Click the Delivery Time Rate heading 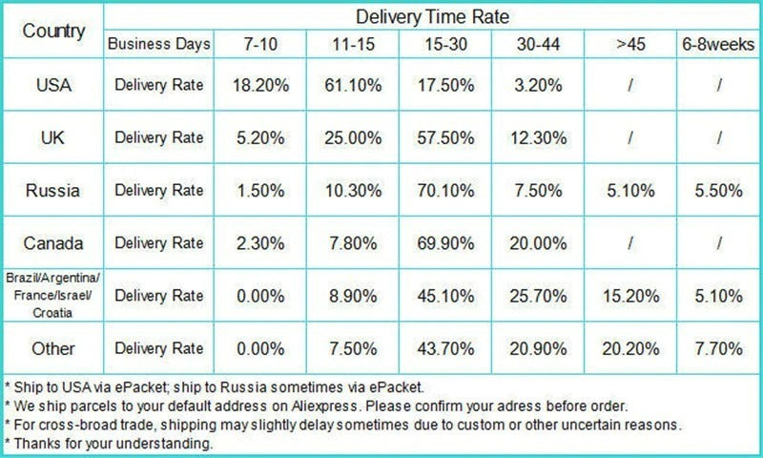[432, 16]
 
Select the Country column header [53, 31]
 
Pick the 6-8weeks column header [718, 44]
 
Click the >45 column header [629, 44]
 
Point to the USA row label [53, 84]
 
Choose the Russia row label [53, 190]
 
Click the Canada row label [53, 243]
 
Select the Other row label [53, 348]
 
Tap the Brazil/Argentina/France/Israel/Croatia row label [53, 296]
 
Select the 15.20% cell [629, 296]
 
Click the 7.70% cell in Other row [718, 348]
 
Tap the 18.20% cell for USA [258, 84]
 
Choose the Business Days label [158, 44]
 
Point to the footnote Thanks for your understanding [110, 444]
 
